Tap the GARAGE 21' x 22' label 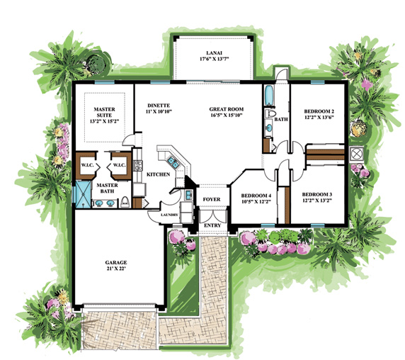[116, 266]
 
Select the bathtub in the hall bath [269, 96]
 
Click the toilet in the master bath [125, 202]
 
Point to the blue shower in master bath [83, 194]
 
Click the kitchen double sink [173, 162]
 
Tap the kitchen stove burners [137, 165]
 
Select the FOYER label [212, 199]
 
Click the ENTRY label [212, 225]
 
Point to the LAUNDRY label [169, 215]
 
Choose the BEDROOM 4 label [253, 196]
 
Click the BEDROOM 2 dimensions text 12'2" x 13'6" [319, 117]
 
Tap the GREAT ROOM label [227, 109]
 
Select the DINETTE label [159, 106]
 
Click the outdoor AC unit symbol [356, 154]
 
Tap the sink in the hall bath [269, 128]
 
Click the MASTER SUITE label [104, 112]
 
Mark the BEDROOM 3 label [317, 194]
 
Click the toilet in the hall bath [270, 113]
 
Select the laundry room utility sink [188, 195]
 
